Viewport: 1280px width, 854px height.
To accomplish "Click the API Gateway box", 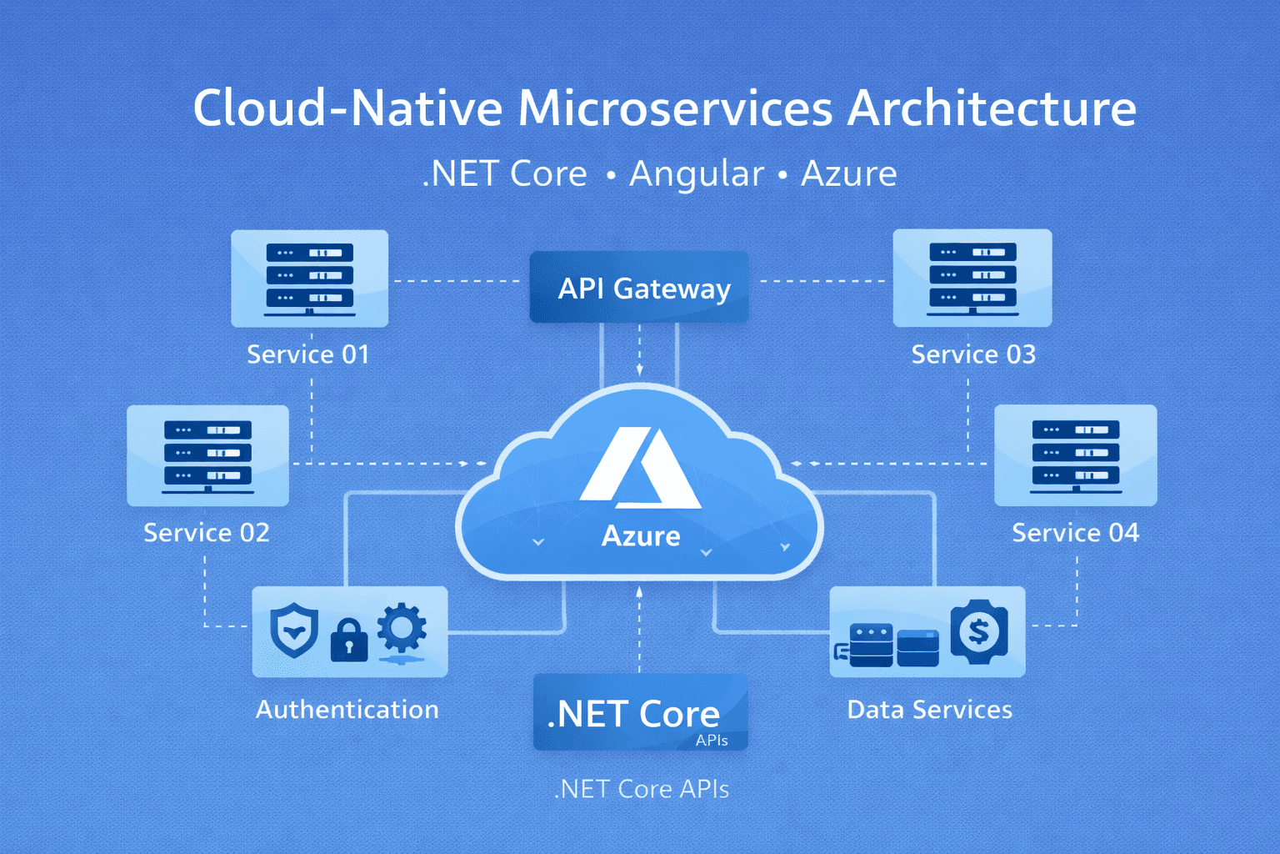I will coord(639,288).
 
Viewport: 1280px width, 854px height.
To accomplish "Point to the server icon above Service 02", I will coord(207,455).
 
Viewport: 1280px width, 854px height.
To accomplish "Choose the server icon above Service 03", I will coord(972,278).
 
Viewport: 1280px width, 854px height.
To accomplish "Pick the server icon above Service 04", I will coord(1075,455).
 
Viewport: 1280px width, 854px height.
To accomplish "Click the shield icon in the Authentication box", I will coord(294,630).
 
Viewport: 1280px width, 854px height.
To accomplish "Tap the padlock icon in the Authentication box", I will coord(348,640).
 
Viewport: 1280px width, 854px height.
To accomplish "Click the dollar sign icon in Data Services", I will coord(979,631).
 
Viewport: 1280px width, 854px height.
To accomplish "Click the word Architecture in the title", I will coord(992,108).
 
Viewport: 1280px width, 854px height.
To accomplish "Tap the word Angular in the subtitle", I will coord(696,174).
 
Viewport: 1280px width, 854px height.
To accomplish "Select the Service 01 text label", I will coord(308,354).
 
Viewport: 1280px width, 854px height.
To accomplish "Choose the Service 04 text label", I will coord(1075,533).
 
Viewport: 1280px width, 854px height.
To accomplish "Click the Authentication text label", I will coord(347,710).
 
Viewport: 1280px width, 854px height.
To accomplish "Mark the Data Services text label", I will coord(929,710).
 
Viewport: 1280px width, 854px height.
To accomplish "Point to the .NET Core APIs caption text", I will coord(641,789).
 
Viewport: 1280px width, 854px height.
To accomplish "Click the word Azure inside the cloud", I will coord(641,536).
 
